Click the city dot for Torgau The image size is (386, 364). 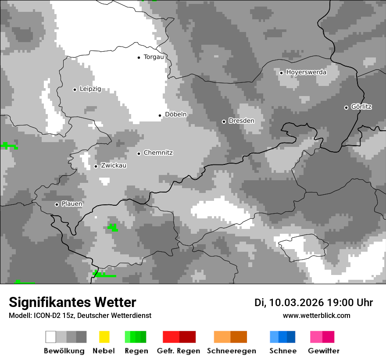pos(139,57)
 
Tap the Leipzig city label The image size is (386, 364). pos(90,89)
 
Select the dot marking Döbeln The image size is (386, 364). pos(160,115)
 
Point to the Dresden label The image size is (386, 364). pos(241,121)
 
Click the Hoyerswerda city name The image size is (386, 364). pos(306,72)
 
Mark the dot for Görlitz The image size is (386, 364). pos(346,107)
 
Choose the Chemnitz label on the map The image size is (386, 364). pos(158,153)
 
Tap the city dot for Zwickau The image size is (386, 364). pos(96,166)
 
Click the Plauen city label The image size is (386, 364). pos(72,204)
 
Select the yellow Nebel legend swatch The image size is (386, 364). pos(104,337)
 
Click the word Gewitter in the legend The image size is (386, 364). pos(324,351)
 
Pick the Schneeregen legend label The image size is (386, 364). pos(231,351)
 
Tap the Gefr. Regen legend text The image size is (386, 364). pos(179,351)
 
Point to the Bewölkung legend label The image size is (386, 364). pos(64,351)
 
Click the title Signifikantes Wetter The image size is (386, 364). pos(72,302)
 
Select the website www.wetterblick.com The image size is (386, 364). pos(317,316)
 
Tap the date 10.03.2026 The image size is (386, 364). pos(297,303)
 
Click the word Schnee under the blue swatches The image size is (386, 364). pos(283,351)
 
